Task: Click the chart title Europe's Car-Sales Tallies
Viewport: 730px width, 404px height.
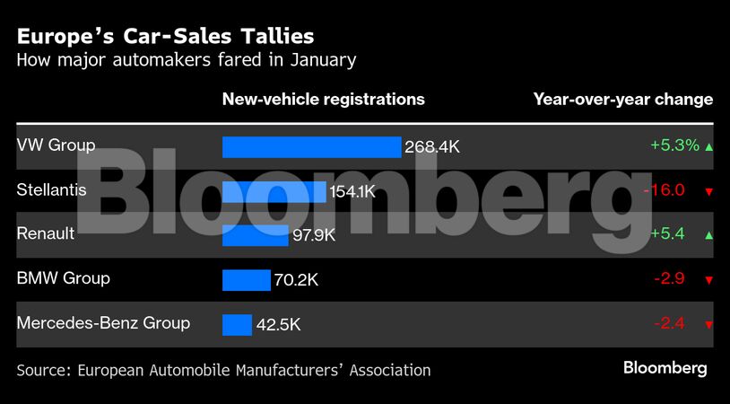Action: [x=166, y=37]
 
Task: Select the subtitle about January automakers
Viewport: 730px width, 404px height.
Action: [x=187, y=61]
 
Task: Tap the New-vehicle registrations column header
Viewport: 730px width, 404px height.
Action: [x=323, y=100]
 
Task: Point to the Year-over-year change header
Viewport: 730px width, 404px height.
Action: [x=623, y=100]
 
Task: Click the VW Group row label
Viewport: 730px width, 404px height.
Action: [x=56, y=145]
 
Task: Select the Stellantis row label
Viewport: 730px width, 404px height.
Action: [x=52, y=189]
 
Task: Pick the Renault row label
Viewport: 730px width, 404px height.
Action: [x=46, y=233]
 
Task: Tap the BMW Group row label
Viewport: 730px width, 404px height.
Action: [x=64, y=278]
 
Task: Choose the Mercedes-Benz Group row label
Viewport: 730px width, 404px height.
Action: [x=103, y=322]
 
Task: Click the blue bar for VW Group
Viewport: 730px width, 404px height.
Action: [x=311, y=146]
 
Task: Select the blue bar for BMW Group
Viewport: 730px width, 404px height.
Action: [x=246, y=280]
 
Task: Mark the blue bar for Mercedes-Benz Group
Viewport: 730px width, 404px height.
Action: [x=237, y=325]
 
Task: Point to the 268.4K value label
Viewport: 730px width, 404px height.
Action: [x=432, y=146]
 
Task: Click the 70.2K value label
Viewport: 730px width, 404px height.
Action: [x=296, y=280]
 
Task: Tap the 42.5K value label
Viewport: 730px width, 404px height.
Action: [x=278, y=325]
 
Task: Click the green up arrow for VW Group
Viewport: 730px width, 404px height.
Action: [x=709, y=146]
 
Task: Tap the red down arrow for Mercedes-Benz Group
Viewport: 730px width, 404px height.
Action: [x=708, y=325]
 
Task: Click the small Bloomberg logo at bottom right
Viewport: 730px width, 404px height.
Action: [x=665, y=368]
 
